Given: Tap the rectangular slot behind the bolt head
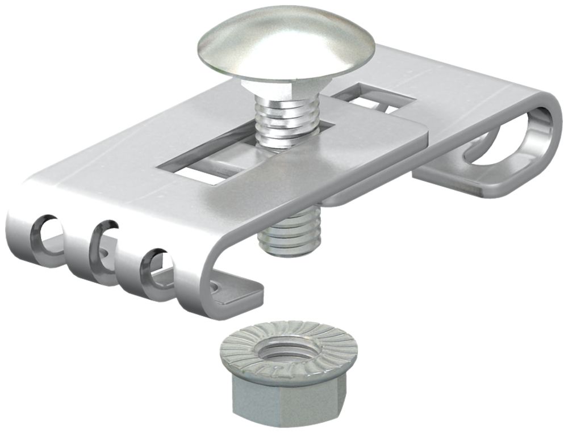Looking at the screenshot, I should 381,99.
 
